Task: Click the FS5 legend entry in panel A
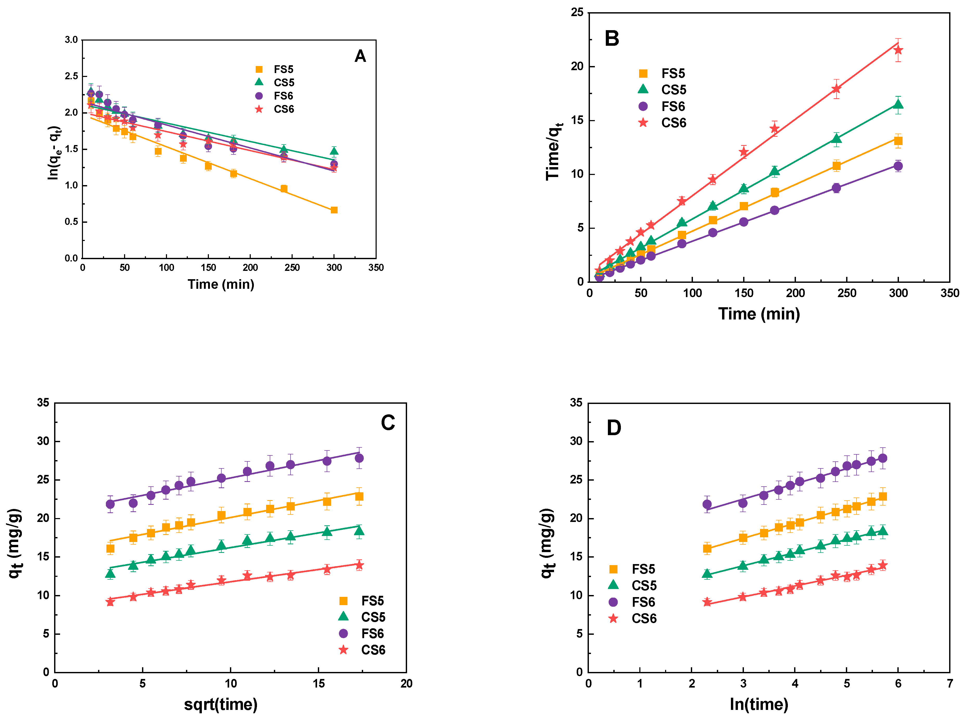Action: [274, 69]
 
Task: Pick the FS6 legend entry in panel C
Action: [362, 633]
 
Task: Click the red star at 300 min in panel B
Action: [898, 50]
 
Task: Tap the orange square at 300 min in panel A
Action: [334, 210]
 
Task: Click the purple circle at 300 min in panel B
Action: [898, 166]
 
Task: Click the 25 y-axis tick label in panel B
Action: [577, 13]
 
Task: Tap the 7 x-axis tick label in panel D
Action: [950, 683]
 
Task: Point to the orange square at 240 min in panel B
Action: [836, 166]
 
